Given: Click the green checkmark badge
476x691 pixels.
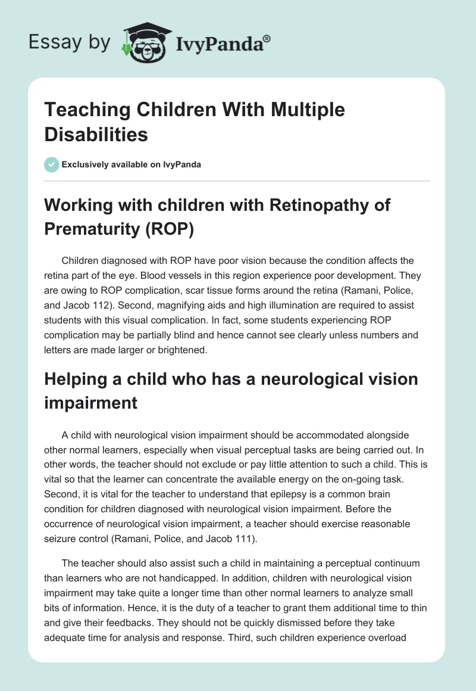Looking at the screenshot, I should click(x=51, y=164).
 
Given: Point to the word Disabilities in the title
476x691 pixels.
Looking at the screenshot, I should click(x=96, y=135).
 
